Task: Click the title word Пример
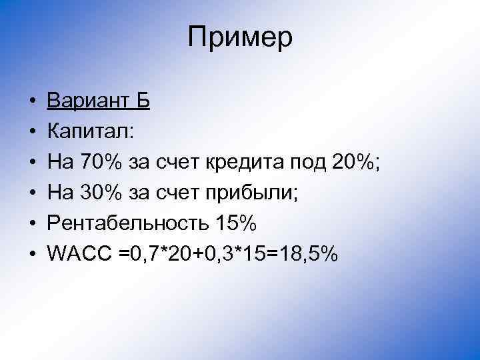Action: tap(240, 38)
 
